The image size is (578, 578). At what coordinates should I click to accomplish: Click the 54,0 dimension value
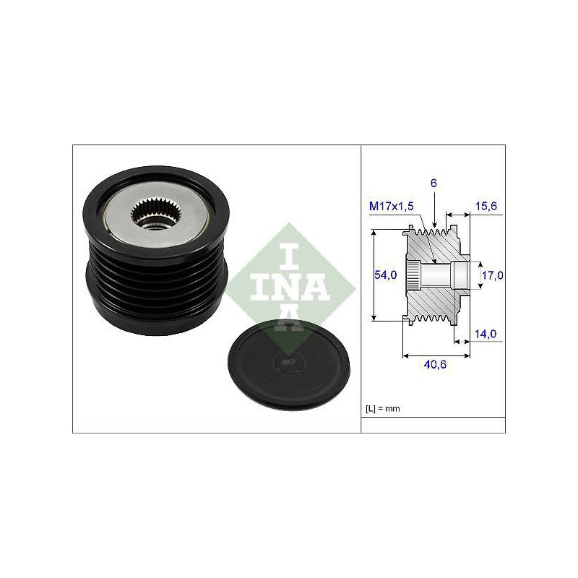tap(385, 275)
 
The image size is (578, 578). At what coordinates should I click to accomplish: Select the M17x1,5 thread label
tap(391, 206)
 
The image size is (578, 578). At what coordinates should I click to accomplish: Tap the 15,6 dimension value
tap(486, 206)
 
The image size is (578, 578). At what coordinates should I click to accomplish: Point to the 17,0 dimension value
tap(493, 275)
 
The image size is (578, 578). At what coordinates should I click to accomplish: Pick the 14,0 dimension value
tap(485, 334)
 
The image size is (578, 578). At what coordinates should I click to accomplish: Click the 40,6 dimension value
tap(435, 365)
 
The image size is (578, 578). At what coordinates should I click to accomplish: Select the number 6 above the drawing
tap(433, 184)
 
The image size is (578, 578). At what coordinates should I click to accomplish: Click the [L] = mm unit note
tap(383, 408)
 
